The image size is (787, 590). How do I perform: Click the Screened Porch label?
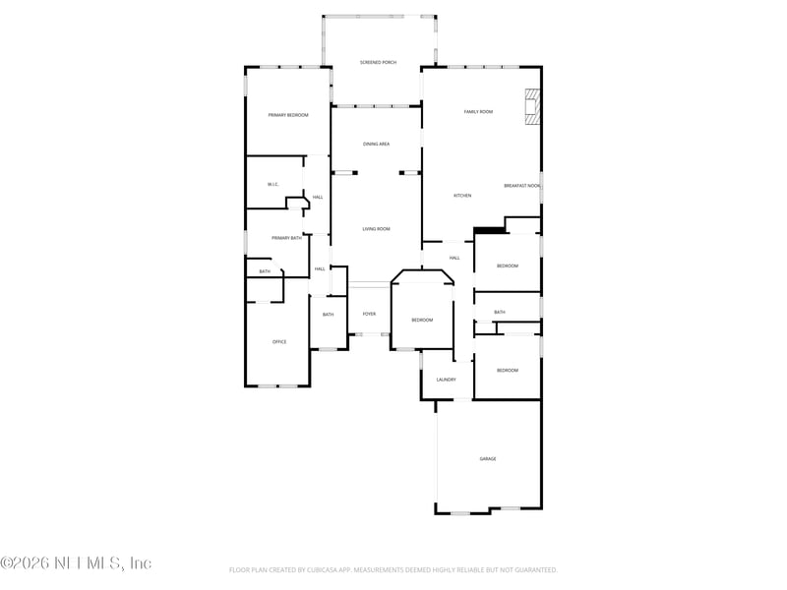(378, 62)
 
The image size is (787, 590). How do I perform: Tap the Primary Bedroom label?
(288, 115)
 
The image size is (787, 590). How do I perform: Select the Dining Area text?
(376, 145)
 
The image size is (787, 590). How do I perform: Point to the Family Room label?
(478, 112)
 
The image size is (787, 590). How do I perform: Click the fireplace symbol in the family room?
(532, 107)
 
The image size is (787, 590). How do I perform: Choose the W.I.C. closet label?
(273, 185)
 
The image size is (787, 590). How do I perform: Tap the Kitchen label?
(462, 196)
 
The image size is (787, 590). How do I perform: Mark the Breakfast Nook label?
(521, 186)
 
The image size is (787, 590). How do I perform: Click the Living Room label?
(376, 229)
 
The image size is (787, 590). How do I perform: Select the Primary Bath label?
(287, 238)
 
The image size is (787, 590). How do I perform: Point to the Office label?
(279, 341)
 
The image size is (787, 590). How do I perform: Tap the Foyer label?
(369, 314)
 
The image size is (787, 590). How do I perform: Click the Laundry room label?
(446, 379)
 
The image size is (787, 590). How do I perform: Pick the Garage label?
(487, 459)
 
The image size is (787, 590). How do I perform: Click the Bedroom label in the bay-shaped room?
(422, 320)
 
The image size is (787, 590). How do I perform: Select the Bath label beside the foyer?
(328, 315)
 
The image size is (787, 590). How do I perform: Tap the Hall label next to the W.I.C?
(318, 198)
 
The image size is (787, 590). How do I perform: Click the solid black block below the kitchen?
(489, 231)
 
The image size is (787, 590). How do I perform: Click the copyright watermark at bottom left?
(76, 563)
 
